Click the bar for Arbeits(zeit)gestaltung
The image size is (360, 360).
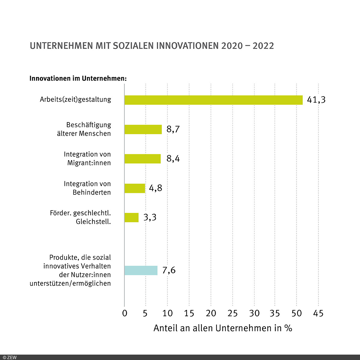(213, 100)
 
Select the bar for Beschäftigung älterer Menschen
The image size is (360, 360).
(143, 129)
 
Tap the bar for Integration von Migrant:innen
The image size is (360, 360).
(142, 159)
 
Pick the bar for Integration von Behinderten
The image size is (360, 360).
(135, 188)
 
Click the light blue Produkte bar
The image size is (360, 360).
(141, 270)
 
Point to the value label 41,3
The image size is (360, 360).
(316, 100)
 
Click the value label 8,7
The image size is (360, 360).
(173, 129)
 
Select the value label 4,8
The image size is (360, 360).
(155, 188)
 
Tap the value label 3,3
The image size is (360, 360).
(150, 217)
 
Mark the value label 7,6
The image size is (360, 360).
(169, 270)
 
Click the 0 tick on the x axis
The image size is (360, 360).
(125, 313)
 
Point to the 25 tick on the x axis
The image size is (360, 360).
(232, 313)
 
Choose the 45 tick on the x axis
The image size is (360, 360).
(318, 313)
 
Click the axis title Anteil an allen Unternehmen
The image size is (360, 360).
(223, 328)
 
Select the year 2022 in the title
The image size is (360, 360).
(263, 46)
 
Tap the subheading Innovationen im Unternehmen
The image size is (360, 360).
(78, 79)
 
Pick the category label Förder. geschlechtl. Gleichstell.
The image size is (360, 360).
(80, 217)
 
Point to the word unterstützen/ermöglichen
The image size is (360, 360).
(70, 283)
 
